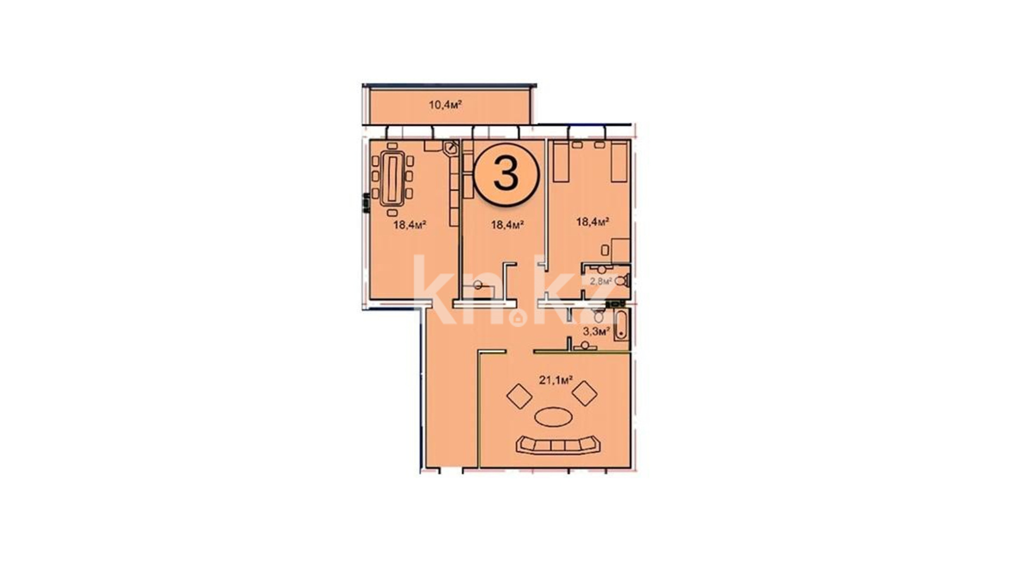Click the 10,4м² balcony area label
tap(445, 104)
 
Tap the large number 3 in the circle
tap(506, 174)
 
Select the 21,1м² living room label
tap(556, 380)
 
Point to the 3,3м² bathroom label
tap(596, 331)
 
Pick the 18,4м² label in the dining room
tap(410, 224)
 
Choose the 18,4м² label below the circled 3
tap(508, 224)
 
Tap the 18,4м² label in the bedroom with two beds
tap(592, 221)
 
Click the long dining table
tap(392, 178)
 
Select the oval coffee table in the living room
tap(553, 416)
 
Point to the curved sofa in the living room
tap(559, 444)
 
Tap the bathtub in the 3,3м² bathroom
tap(621, 324)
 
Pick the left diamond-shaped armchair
tap(519, 396)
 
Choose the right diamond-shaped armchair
tap(585, 393)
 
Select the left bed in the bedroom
tap(561, 161)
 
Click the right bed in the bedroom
tap(619, 161)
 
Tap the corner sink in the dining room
tap(451, 147)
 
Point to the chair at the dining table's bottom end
tap(392, 214)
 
